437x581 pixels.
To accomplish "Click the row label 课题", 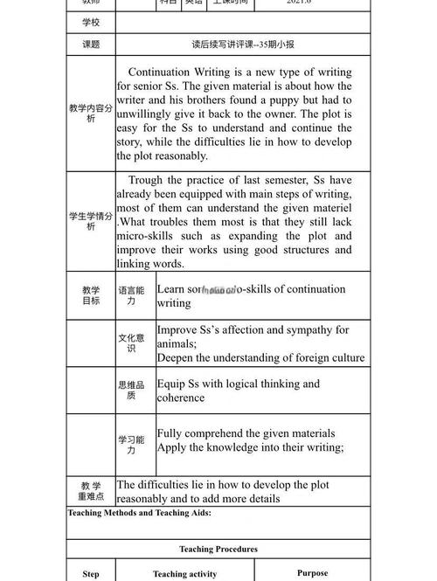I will coord(91,44).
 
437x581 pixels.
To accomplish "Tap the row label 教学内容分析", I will coord(91,114).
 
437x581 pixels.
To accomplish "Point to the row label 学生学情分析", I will coord(91,221).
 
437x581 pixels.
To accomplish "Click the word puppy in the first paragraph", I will coord(289,100).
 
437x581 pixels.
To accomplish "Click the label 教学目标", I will coord(91,295).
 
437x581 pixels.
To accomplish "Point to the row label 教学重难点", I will coord(91,491).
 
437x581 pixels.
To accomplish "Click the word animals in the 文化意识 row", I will coord(177,344).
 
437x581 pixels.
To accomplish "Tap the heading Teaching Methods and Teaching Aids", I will coord(139,513).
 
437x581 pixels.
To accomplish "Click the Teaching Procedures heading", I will coord(218,550).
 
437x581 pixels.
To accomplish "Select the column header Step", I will coord(91,574).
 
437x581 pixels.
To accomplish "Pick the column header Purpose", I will coord(312,573).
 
